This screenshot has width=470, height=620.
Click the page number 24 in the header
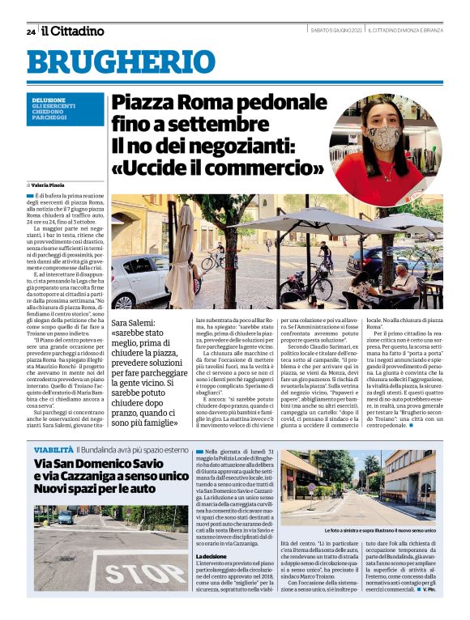click(x=31, y=32)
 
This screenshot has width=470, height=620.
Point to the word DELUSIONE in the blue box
click(x=49, y=100)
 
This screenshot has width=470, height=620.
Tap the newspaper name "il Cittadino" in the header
click(x=74, y=32)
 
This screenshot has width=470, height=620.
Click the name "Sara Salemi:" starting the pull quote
click(x=136, y=325)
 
